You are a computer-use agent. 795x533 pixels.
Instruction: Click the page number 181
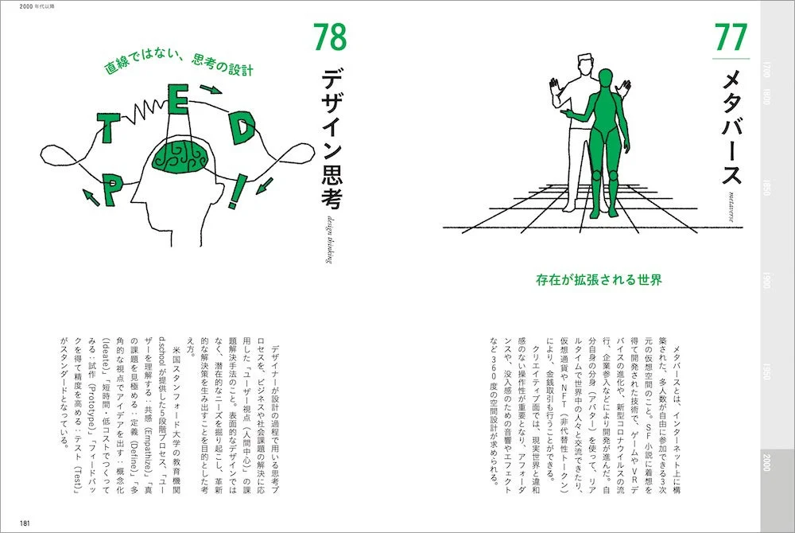click(x=26, y=523)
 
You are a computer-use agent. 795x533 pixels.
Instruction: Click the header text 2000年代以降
click(x=21, y=6)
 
